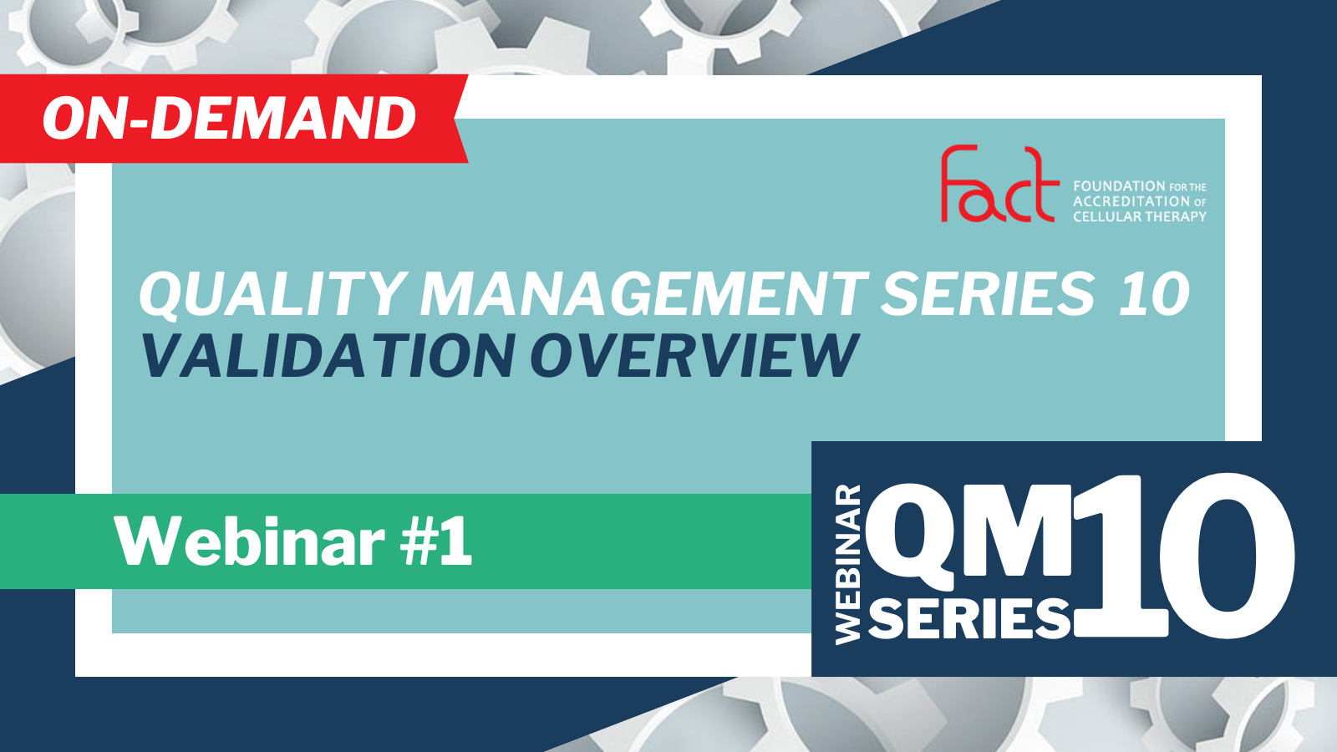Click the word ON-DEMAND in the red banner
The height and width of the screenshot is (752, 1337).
[x=229, y=118]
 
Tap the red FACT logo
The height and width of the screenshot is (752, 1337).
[x=999, y=183]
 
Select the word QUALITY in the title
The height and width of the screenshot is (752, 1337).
[x=273, y=294]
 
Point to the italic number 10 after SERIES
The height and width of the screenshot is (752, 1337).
[x=1154, y=293]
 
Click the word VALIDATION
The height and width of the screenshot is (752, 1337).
[x=328, y=356]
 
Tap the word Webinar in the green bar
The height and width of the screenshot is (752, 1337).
[x=250, y=541]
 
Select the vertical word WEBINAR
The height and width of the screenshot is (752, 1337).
[x=847, y=565]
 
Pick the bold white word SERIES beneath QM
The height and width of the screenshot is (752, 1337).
[x=969, y=618]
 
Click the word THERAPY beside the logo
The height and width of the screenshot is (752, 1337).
[x=1177, y=216]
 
